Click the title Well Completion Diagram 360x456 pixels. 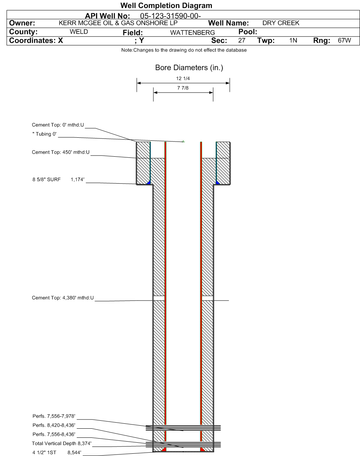point(166,6)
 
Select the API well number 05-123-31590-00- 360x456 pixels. point(171,16)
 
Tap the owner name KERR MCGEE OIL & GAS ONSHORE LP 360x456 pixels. point(118,23)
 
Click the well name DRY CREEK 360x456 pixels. point(281,23)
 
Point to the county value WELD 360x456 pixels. point(79,32)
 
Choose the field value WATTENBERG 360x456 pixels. point(193,33)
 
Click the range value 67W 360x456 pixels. point(344,40)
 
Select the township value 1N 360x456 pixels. point(293,40)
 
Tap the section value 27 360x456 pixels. point(242,40)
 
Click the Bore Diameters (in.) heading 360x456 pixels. point(189,68)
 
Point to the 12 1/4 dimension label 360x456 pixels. point(183,79)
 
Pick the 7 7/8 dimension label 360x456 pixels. point(183,88)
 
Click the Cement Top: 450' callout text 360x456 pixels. point(61,152)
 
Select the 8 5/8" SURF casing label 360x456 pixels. point(46,179)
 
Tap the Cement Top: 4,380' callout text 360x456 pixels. point(63,298)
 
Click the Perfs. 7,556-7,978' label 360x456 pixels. point(54,416)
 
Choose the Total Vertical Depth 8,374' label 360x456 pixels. point(62,443)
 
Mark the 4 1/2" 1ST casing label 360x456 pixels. point(44,453)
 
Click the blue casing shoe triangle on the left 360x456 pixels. point(149,182)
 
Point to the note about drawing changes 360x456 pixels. point(184,50)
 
